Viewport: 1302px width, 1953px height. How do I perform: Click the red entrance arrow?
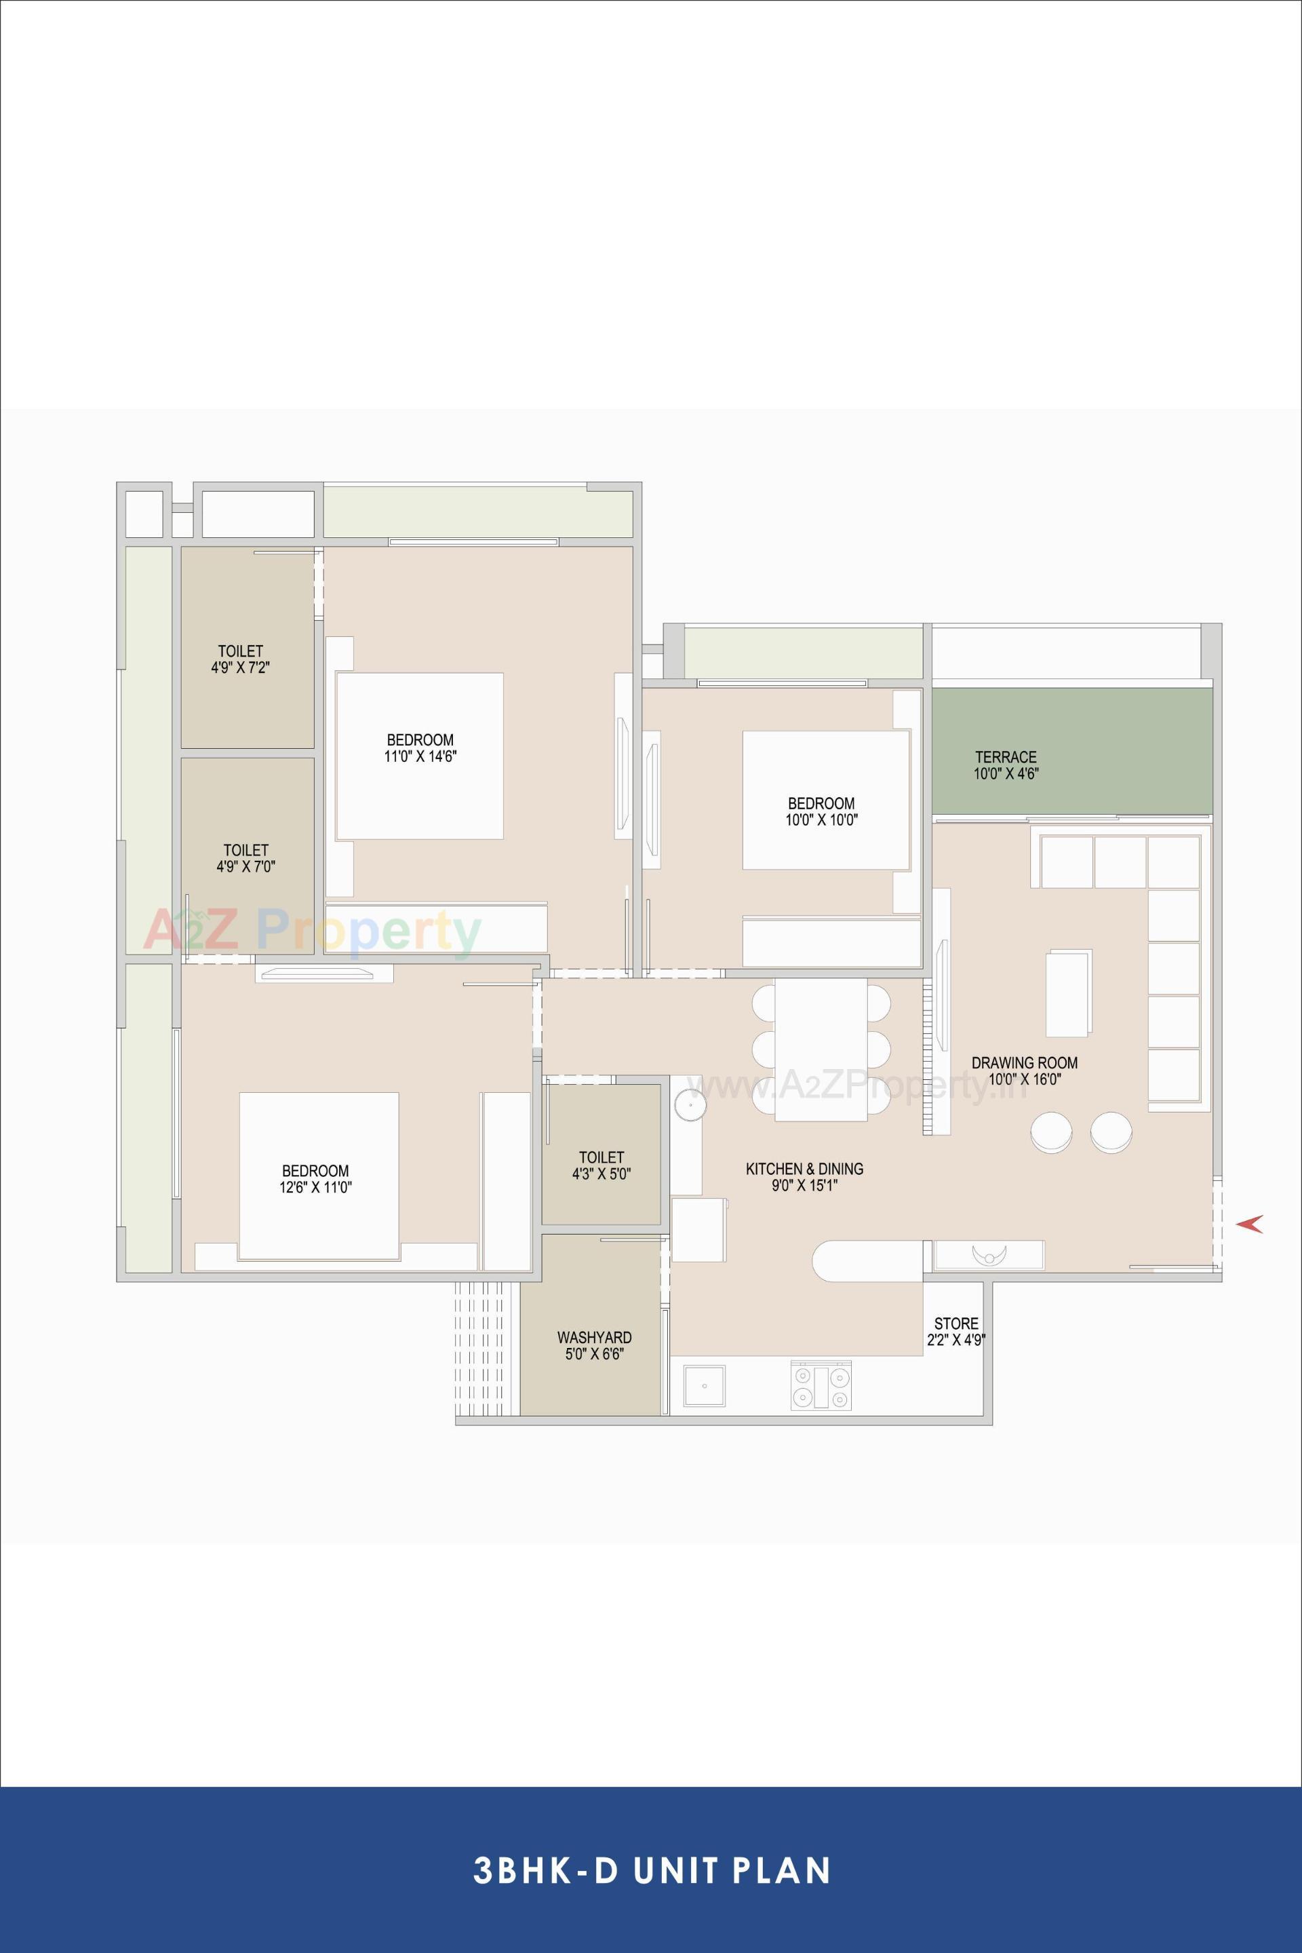[1250, 1224]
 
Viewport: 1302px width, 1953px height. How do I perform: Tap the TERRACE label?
[1006, 757]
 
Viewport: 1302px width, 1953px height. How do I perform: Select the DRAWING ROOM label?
[1025, 1062]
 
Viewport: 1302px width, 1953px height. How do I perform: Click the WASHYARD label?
[594, 1338]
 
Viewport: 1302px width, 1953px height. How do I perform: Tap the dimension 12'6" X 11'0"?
[315, 1188]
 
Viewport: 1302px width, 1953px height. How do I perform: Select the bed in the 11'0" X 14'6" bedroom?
[419, 756]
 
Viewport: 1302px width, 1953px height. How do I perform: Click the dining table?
[821, 1049]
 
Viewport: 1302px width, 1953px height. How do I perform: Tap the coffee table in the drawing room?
[1069, 992]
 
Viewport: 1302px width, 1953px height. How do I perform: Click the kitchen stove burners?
[821, 1387]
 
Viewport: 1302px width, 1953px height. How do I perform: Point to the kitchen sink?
[703, 1387]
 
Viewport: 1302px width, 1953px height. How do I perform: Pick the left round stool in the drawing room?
[1050, 1132]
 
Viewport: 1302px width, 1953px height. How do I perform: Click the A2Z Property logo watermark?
[312, 931]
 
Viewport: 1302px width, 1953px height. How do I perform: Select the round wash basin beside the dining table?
[689, 1105]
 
